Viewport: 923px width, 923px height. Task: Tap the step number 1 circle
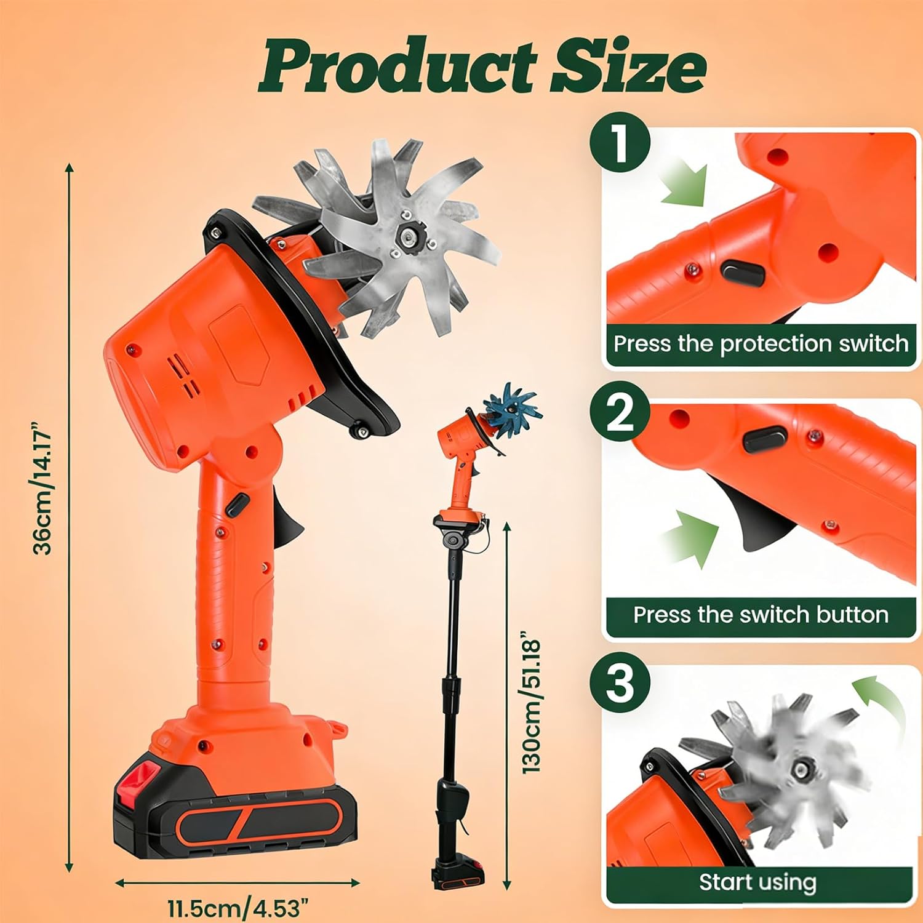point(620,143)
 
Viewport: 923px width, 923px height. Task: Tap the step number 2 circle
point(620,413)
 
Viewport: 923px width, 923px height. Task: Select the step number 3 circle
point(620,682)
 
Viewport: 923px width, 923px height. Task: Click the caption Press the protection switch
point(761,343)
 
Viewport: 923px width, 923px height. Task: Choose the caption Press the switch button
point(761,614)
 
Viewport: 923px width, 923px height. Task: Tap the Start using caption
point(757,882)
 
